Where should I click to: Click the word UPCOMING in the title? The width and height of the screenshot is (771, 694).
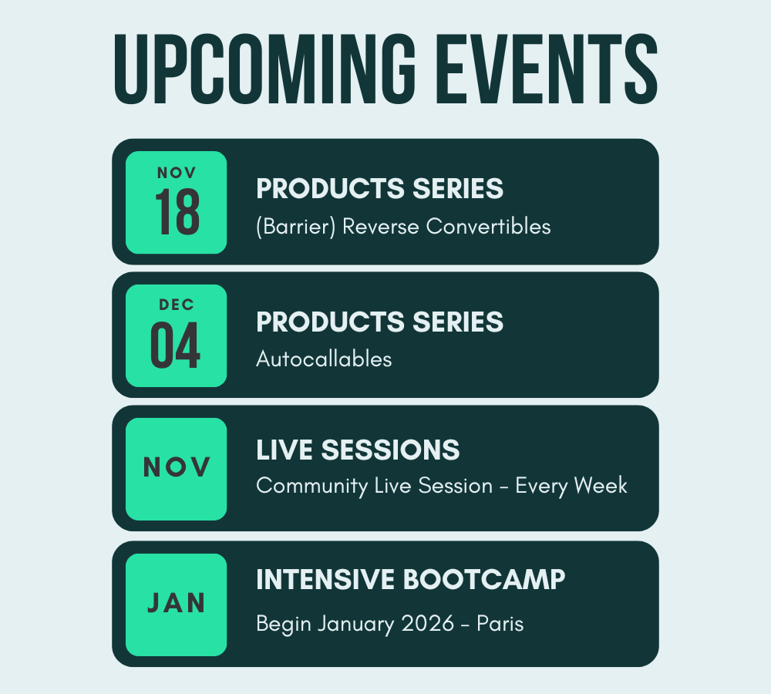[264, 69]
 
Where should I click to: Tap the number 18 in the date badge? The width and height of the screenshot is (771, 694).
[177, 212]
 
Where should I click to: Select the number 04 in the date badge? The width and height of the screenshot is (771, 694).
[175, 345]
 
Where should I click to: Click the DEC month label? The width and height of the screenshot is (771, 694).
[177, 305]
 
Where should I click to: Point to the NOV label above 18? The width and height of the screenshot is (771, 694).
[177, 173]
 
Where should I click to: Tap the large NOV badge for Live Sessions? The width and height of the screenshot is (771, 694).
[176, 469]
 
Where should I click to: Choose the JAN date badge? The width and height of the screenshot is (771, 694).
[176, 605]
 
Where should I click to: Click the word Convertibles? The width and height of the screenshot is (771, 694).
[488, 226]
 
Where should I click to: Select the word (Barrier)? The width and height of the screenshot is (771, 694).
[295, 227]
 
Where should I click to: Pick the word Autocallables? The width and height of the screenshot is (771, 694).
[324, 359]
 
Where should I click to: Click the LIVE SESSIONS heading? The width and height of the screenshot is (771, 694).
[358, 450]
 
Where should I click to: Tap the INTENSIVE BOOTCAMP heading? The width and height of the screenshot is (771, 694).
[411, 579]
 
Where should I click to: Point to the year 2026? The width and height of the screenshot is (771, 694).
[428, 624]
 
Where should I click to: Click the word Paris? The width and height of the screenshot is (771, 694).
[500, 624]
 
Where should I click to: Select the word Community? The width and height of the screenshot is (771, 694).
[312, 486]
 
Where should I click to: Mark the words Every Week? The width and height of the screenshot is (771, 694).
[571, 486]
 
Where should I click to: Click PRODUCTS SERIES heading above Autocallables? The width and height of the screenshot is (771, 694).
[379, 322]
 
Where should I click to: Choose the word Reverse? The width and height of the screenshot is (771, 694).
[381, 226]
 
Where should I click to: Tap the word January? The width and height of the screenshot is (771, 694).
[355, 625]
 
